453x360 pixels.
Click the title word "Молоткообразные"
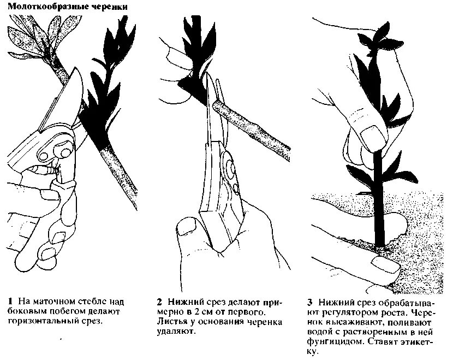(x=39, y=8)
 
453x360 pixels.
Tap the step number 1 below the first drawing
(x=10, y=302)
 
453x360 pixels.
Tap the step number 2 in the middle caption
(x=159, y=302)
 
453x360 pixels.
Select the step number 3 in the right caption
(x=309, y=302)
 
